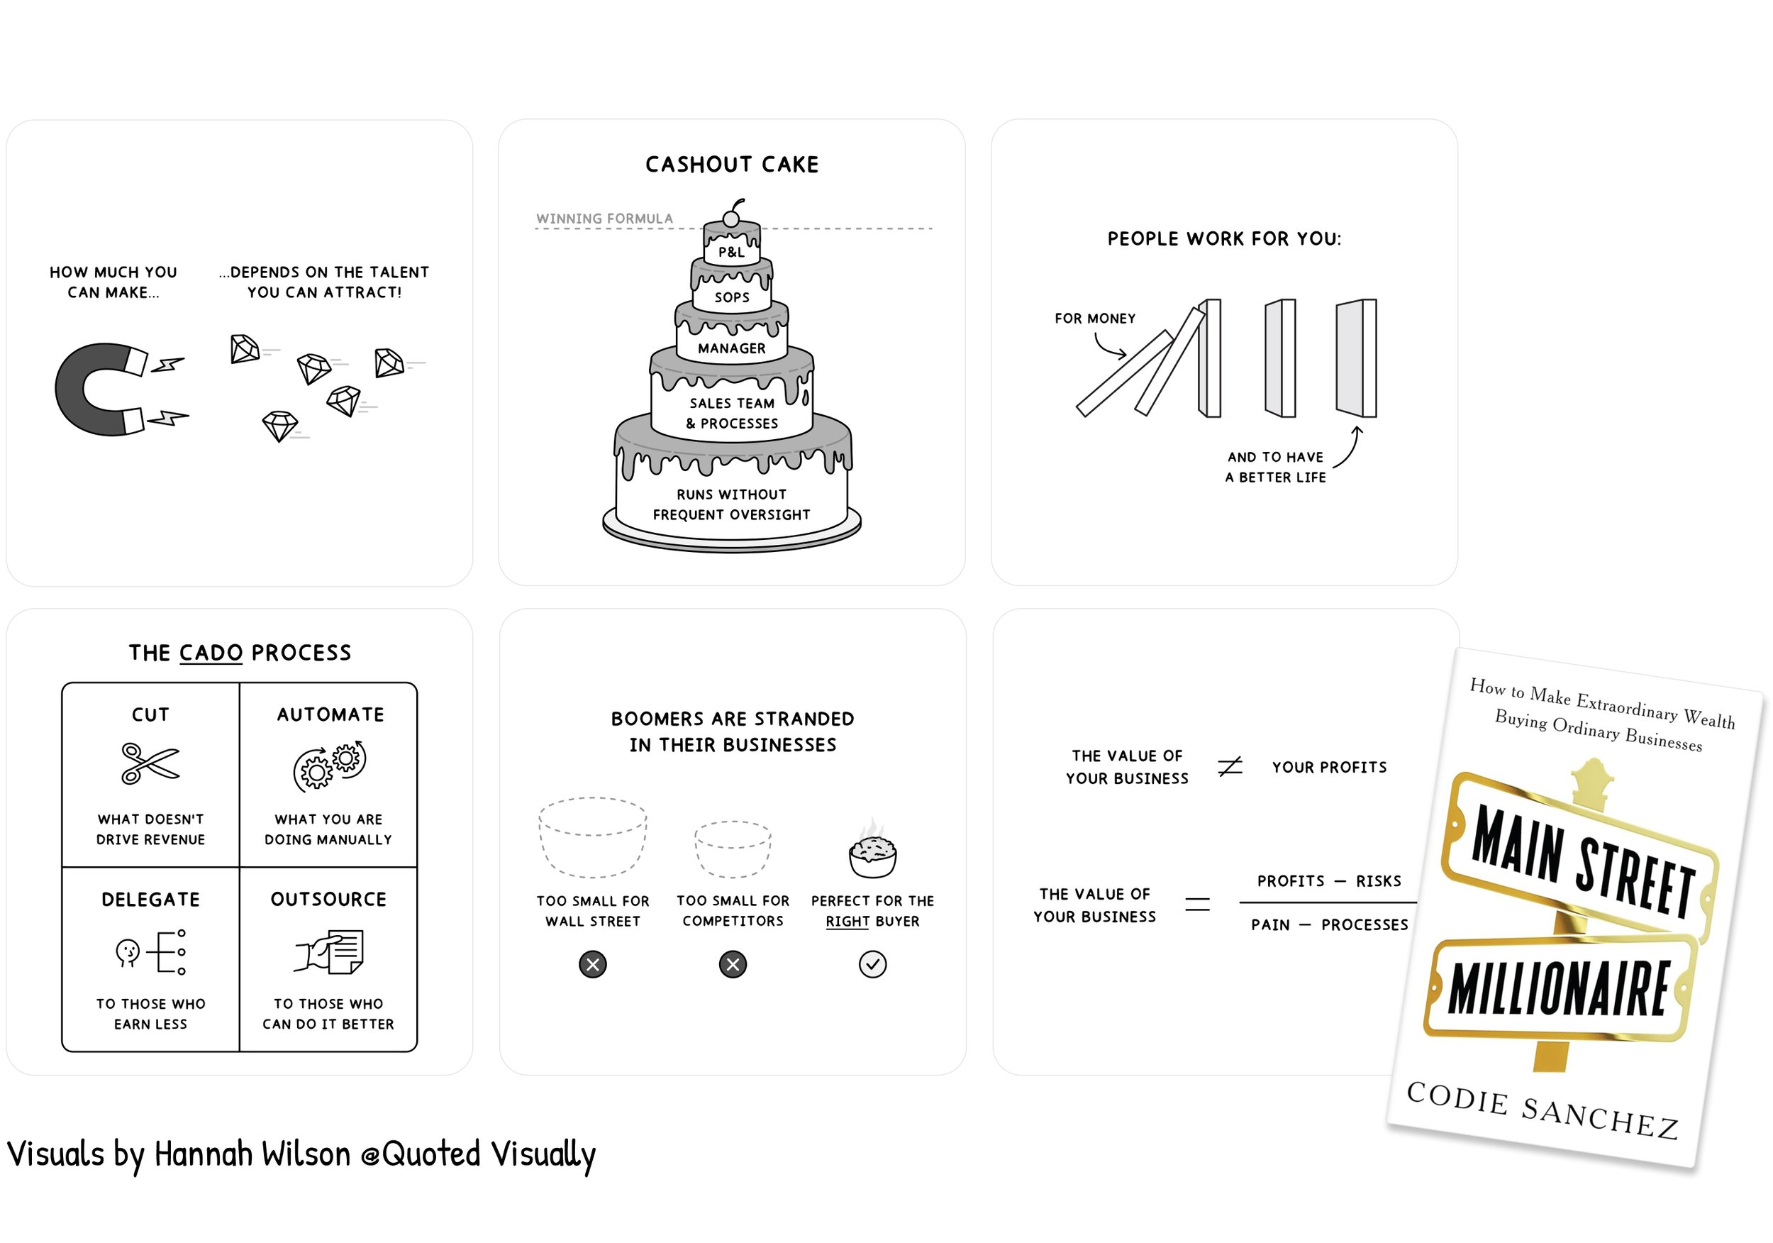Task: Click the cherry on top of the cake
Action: (x=731, y=219)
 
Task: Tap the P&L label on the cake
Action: (x=731, y=252)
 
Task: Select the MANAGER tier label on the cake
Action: (x=731, y=348)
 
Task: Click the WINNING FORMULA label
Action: (x=605, y=219)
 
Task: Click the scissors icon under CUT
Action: (x=150, y=763)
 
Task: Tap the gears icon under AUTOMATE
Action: (x=330, y=766)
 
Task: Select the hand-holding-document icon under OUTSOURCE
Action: (x=330, y=951)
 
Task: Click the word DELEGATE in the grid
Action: (x=150, y=899)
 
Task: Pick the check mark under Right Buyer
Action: (x=872, y=964)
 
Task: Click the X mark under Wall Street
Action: (x=592, y=964)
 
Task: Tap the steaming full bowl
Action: (x=872, y=854)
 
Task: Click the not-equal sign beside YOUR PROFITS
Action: (x=1230, y=766)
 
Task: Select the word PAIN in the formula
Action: (x=1270, y=924)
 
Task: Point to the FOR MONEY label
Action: (x=1095, y=319)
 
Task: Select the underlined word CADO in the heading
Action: (x=211, y=653)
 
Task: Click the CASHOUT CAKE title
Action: (x=731, y=165)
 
